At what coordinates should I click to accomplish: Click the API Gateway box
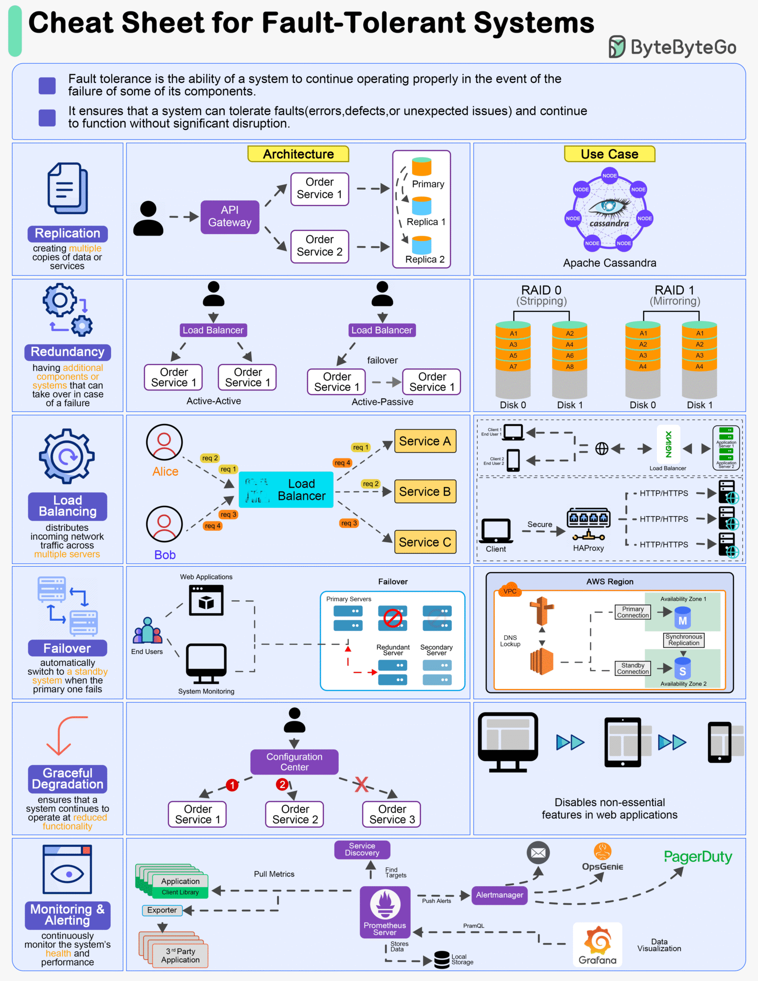230,217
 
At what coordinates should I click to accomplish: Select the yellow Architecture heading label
298,154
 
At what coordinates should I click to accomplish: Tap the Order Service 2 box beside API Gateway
319,246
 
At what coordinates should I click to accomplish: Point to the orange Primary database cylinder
422,167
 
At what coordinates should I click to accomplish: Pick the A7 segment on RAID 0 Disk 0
513,366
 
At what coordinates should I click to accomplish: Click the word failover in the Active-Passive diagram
382,360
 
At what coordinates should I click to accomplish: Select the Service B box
425,491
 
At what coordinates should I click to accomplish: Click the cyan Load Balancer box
286,490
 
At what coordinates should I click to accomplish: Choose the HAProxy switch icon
588,524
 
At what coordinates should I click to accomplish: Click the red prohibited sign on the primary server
392,618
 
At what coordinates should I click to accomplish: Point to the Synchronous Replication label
683,640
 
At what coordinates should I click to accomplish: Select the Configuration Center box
294,762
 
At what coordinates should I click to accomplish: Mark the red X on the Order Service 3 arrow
361,784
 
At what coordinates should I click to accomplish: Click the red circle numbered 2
282,784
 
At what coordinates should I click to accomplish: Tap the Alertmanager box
499,895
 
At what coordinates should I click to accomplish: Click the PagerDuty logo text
698,856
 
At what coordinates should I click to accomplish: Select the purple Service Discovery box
362,849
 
